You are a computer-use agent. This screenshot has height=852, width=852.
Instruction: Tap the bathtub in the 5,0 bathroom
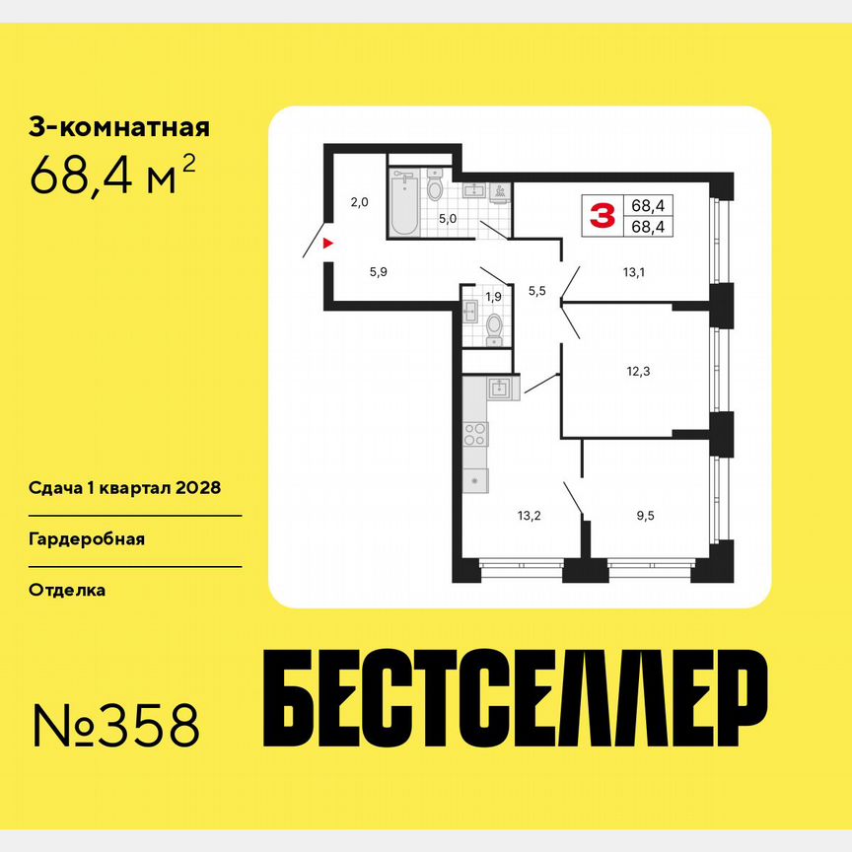(x=403, y=203)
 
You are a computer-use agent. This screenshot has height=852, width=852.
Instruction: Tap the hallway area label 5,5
(x=537, y=290)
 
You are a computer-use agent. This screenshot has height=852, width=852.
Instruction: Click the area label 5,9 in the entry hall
(x=378, y=274)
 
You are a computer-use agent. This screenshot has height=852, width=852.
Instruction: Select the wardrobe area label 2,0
(x=359, y=203)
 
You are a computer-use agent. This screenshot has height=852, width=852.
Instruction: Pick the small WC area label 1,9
(x=494, y=296)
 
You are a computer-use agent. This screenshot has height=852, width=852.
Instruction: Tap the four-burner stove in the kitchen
(x=475, y=434)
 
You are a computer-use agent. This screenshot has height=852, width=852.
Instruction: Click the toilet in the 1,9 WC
(x=494, y=325)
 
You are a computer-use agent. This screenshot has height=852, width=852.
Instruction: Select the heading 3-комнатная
(x=119, y=127)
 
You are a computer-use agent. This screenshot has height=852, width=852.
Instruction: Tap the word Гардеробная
(x=87, y=539)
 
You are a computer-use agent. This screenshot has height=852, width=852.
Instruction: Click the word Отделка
(x=67, y=591)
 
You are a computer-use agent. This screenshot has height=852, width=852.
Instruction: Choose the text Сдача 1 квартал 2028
(x=123, y=488)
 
